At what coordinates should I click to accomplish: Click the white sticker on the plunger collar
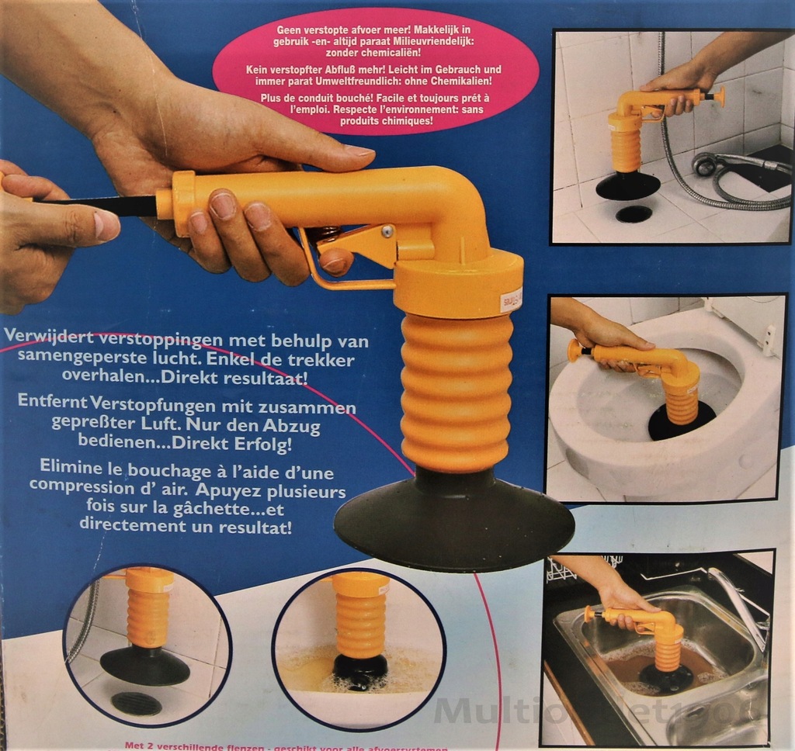[x=511, y=299]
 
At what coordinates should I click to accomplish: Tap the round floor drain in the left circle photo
[x=136, y=703]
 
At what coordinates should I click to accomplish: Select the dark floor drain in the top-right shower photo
[x=634, y=213]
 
